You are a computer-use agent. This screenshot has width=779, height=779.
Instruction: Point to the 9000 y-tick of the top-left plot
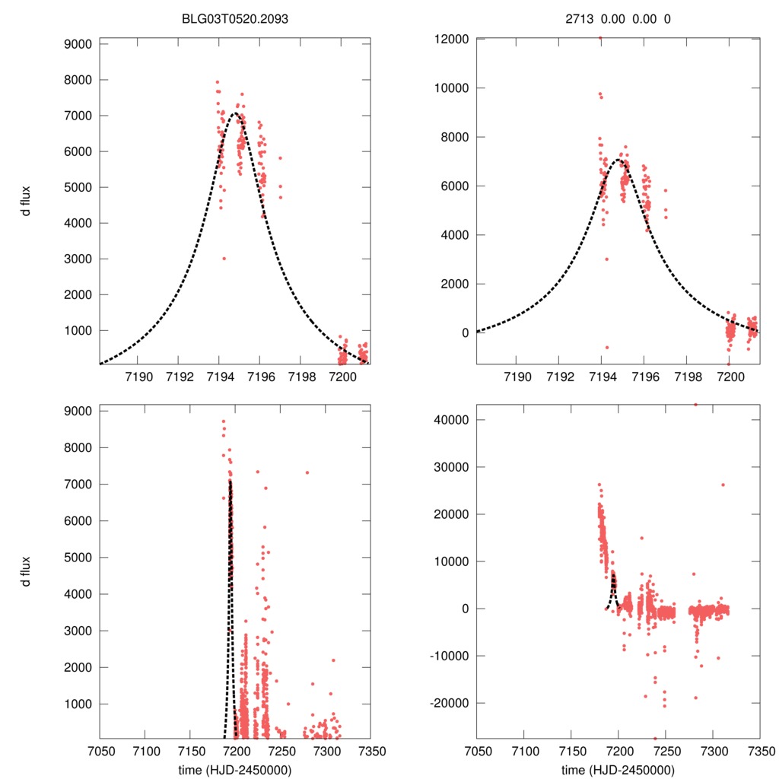[x=76, y=44]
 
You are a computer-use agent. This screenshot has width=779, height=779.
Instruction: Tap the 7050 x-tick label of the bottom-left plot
[x=100, y=751]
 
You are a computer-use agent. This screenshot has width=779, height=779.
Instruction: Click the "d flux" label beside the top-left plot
[x=27, y=201]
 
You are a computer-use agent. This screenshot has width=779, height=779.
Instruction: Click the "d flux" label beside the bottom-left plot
[x=27, y=573]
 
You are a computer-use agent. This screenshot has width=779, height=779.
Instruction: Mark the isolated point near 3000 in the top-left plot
[x=224, y=259]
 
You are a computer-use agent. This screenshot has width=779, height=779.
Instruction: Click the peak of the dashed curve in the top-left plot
[x=235, y=113]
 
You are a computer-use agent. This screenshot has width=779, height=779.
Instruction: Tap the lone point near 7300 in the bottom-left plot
[x=307, y=472]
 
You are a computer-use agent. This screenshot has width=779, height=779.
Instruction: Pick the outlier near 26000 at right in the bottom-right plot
[x=723, y=485]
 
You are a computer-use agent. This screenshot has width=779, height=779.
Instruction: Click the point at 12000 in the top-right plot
[x=600, y=38]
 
